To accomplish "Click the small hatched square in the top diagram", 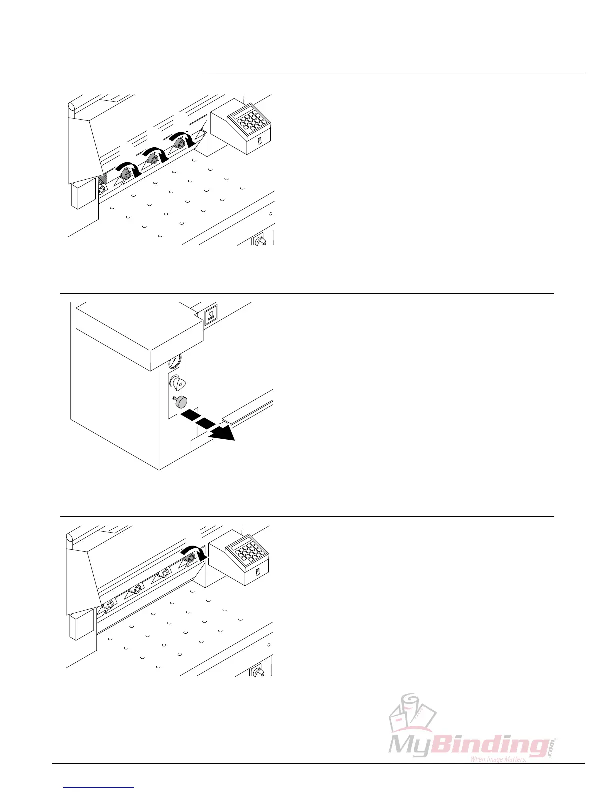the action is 103,178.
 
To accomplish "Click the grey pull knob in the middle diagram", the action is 180,402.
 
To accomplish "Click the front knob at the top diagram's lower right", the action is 259,241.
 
